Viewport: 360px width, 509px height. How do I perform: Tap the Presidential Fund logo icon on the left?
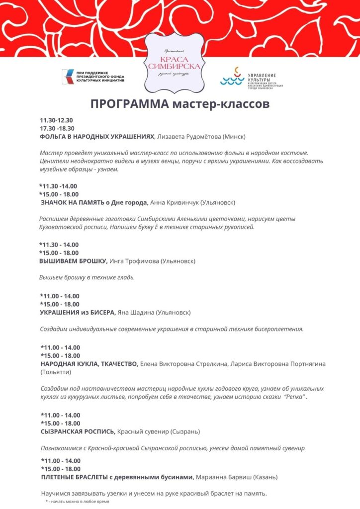coord(66,76)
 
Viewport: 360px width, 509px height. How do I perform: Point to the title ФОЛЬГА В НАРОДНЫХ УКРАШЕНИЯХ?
coord(97,136)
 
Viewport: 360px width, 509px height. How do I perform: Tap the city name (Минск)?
coord(235,136)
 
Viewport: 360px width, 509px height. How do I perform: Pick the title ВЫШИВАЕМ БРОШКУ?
coord(73,261)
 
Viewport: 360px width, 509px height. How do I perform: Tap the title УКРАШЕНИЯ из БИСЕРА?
coord(77,312)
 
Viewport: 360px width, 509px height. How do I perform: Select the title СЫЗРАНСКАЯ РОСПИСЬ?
coord(77,431)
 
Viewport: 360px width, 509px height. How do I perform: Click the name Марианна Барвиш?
coord(223,477)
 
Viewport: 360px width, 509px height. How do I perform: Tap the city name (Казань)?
coord(265,477)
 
